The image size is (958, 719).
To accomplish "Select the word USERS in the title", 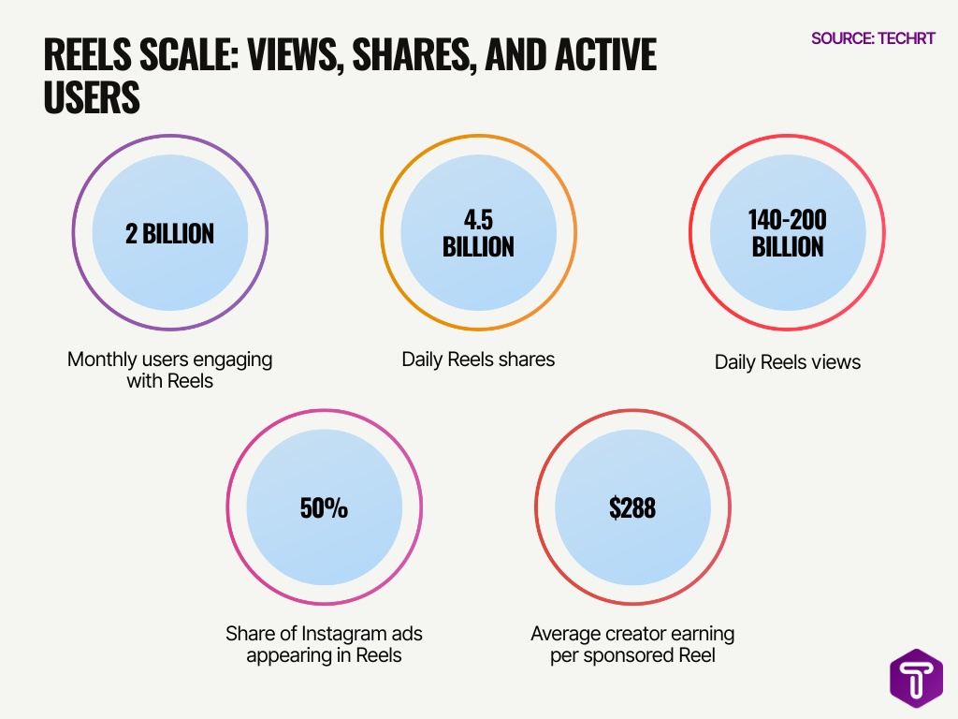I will [92, 97].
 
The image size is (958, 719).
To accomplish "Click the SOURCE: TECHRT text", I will [873, 38].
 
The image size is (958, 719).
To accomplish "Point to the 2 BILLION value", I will [170, 233].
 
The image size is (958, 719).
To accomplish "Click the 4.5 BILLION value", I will [478, 233].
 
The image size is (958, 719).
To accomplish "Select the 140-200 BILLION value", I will [787, 233].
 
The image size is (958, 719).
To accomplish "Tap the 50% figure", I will [324, 508].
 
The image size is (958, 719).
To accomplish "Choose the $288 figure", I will [632, 508].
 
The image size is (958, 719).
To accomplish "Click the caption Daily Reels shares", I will [478, 359].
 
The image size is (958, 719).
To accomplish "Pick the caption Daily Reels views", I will [787, 362].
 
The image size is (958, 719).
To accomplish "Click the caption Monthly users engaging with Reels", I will [170, 370].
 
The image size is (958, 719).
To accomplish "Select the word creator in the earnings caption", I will [633, 634].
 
